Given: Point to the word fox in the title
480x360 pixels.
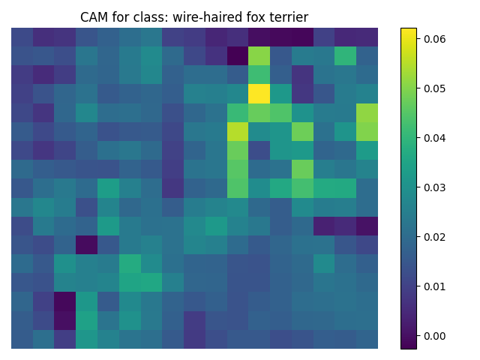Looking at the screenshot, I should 253,17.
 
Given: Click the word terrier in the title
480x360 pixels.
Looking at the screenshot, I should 287,17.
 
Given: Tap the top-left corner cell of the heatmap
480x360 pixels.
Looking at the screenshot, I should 22,37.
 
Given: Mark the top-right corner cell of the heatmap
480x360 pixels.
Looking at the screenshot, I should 367,37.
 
